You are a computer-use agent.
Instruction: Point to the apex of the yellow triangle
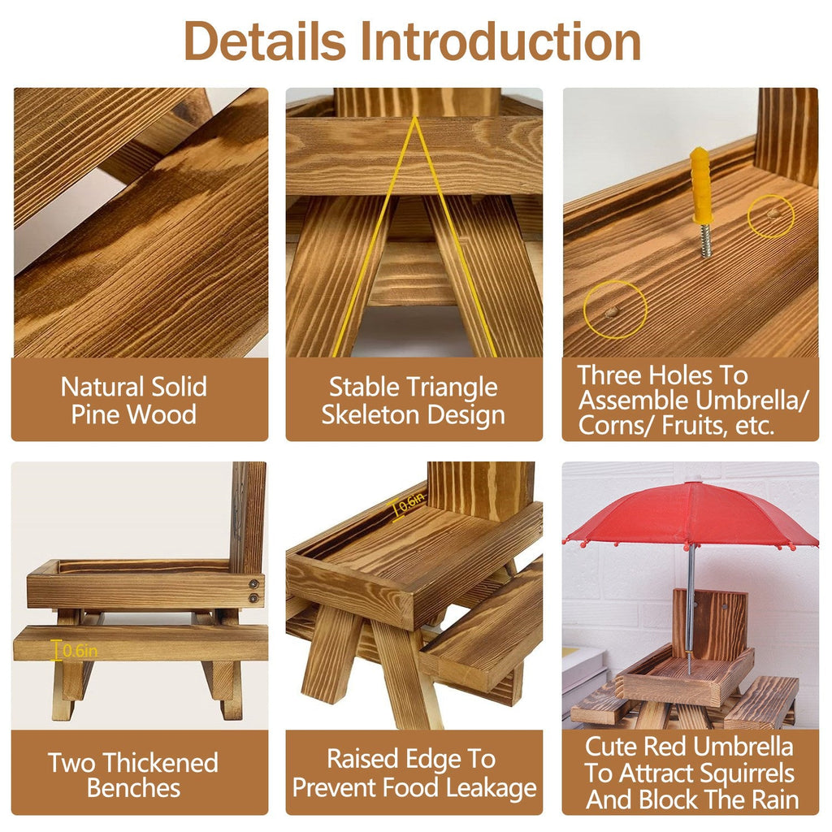(x=415, y=119)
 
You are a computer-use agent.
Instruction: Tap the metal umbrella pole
(x=690, y=601)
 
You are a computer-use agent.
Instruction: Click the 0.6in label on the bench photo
(x=77, y=650)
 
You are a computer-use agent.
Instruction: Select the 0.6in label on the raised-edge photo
(x=411, y=504)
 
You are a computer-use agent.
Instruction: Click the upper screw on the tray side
(x=254, y=583)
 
